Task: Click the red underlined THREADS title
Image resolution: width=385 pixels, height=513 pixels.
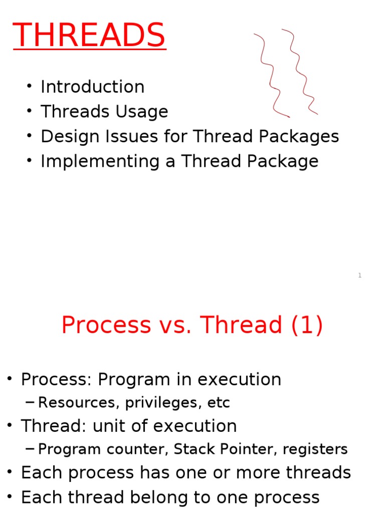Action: [89, 36]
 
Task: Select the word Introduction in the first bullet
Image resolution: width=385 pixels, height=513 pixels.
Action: [92, 87]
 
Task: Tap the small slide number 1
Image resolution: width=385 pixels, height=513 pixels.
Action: [360, 276]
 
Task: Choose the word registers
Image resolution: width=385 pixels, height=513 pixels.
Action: [315, 449]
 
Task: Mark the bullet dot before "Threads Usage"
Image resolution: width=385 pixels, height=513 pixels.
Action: [31, 111]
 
